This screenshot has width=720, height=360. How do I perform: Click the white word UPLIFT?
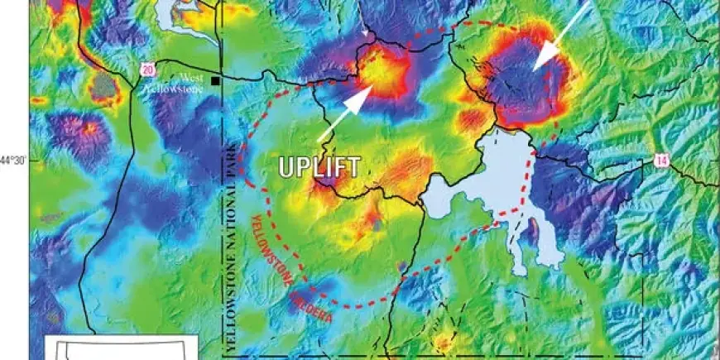point(319,167)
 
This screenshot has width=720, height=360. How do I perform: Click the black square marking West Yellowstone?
point(215,81)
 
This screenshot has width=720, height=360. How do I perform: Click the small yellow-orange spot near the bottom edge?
point(444,341)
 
